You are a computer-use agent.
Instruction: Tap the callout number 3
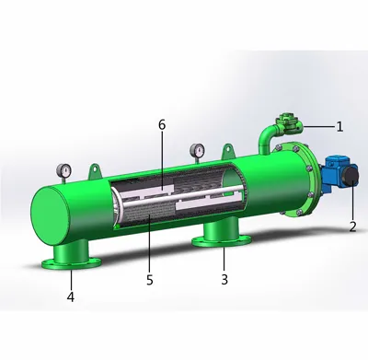click(x=224, y=278)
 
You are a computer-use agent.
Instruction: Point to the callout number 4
click(x=70, y=297)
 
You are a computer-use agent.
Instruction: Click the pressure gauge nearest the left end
click(x=62, y=170)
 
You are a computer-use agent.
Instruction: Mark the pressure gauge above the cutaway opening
click(x=196, y=149)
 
